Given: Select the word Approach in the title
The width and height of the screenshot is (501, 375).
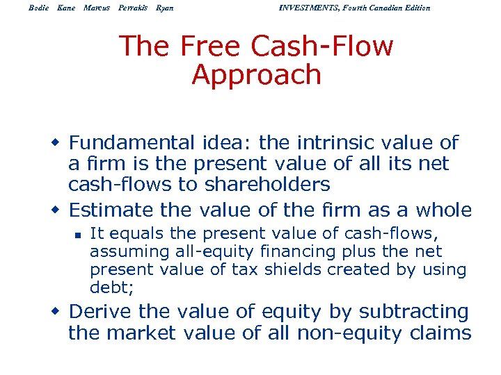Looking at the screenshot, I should (256, 75).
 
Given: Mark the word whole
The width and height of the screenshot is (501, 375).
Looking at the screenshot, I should (444, 209).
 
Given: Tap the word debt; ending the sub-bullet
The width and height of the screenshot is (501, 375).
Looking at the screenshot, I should (109, 287).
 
